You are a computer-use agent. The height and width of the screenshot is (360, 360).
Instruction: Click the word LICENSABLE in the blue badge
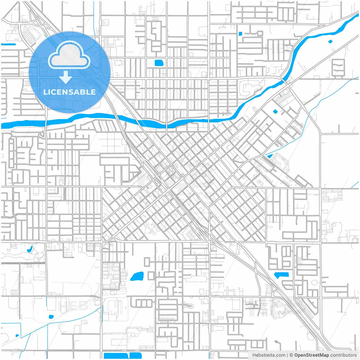pos(69,92)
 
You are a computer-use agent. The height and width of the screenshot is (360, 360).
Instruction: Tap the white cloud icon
pos(69,55)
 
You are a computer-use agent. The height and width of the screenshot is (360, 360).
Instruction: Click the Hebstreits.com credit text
pos(269,355)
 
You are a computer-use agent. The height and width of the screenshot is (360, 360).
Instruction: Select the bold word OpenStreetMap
pos(312,355)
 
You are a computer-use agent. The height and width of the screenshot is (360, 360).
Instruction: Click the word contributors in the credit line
pos(343,355)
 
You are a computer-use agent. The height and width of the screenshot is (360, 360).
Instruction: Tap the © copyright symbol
pos(291,355)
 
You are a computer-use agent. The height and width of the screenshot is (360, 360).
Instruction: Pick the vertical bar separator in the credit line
pos(287,355)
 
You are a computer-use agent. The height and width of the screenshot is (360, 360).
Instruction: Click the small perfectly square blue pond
pos(240,34)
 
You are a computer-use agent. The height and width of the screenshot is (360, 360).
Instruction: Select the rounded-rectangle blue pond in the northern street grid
pos(159,63)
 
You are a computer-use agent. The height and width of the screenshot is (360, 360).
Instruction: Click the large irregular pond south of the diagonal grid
pos(137,276)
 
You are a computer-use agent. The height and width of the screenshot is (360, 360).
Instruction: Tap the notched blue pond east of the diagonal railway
pos(281,275)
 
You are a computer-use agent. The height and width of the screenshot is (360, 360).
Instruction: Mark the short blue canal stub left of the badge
pos(8,44)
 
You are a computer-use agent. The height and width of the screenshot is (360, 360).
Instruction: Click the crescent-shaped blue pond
pos(30,249)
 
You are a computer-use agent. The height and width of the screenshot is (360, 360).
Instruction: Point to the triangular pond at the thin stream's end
pos(270,156)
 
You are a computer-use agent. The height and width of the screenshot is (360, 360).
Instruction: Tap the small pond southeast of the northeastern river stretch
pos(330,42)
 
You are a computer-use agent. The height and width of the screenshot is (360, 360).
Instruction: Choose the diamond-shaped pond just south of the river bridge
pos(275,112)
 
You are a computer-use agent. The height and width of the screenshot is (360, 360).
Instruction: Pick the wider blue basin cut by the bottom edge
pos(116,355)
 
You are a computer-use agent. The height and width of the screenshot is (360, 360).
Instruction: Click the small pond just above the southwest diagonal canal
pos(51,317)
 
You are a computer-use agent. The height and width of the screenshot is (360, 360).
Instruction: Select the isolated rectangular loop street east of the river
pos(338,67)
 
